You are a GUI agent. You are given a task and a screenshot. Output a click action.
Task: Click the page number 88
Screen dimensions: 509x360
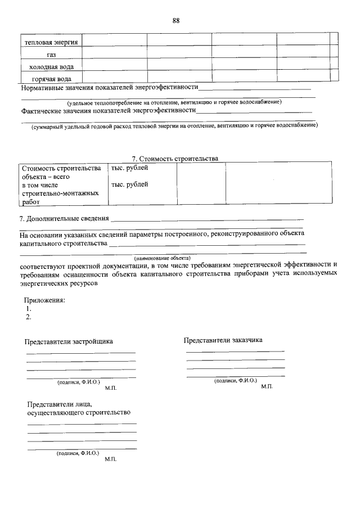coord(176,21)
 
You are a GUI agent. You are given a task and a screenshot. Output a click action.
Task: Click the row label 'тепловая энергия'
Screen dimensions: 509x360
coord(51,42)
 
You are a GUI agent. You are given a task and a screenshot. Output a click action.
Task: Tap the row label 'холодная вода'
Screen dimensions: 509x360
coord(51,66)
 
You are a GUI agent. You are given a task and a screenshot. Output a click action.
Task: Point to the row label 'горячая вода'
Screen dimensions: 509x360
coord(51,79)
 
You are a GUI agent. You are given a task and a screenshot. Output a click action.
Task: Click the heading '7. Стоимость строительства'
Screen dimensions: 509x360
coord(174,159)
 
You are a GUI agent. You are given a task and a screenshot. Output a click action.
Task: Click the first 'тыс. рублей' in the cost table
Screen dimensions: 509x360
coord(130,168)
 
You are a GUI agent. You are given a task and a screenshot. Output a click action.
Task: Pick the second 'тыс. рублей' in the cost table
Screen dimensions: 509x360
coord(130,184)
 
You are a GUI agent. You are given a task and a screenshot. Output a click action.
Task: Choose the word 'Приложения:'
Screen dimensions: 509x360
coord(44,300)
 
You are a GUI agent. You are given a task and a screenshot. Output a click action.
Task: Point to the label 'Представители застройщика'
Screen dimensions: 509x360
coord(69,341)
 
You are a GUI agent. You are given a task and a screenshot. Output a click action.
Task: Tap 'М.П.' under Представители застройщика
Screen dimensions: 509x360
coord(110,388)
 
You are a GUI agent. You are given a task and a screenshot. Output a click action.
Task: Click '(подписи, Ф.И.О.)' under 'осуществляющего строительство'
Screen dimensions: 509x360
coord(78,453)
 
